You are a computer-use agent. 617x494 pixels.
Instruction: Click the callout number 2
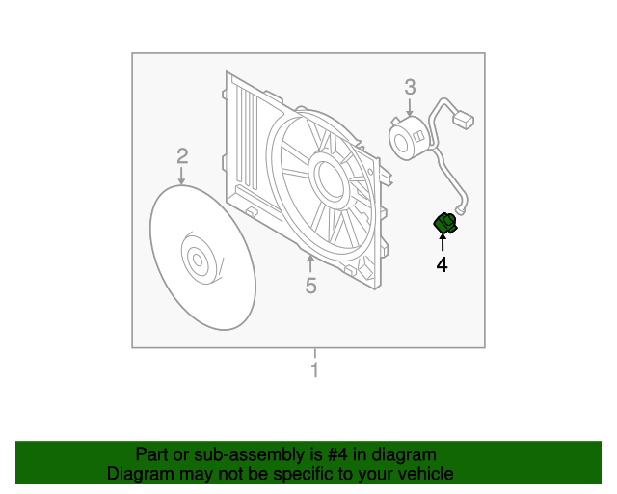tap(181, 155)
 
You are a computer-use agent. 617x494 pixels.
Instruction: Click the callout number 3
tap(410, 88)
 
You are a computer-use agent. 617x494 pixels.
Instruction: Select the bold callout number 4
tap(443, 263)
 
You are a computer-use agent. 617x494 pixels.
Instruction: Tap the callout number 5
tap(310, 285)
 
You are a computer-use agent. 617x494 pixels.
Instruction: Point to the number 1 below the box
tap(313, 370)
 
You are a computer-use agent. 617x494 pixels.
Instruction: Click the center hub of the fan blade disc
tap(200, 259)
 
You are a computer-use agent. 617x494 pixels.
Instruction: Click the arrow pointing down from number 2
tap(181, 176)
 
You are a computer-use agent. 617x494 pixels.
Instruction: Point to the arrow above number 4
tap(443, 243)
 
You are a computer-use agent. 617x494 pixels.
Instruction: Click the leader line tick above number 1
tap(313, 353)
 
